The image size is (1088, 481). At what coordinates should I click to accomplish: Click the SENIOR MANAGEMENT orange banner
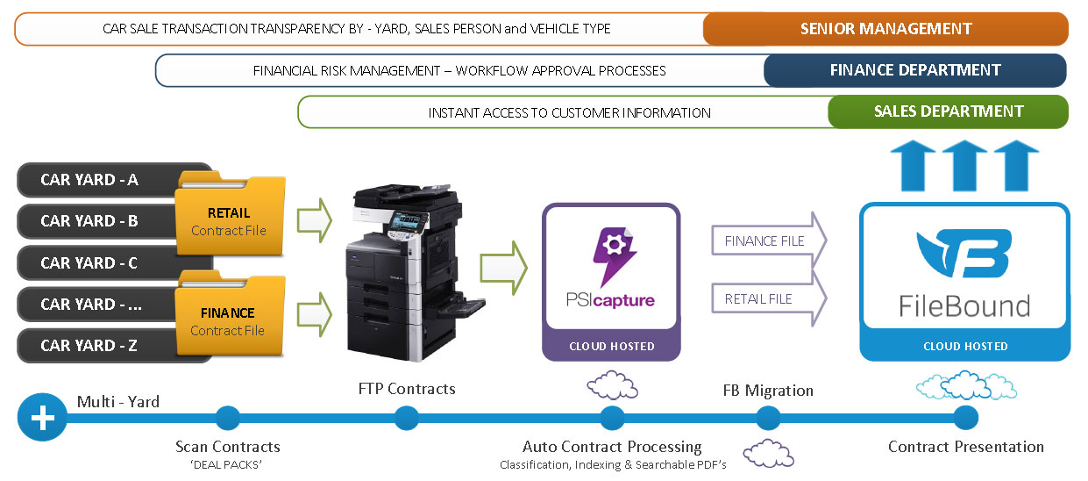tap(885, 29)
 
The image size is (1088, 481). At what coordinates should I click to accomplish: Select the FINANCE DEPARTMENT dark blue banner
tap(914, 70)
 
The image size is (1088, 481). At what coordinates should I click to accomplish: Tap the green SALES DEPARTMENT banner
tap(948, 111)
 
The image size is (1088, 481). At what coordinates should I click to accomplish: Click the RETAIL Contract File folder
tap(229, 219)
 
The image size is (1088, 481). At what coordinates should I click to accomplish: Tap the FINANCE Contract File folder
tap(229, 319)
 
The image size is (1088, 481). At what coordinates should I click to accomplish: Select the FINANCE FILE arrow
tap(768, 240)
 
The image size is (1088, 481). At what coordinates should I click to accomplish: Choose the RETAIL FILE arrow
tap(768, 298)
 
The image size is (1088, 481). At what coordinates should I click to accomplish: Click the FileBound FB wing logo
tap(964, 255)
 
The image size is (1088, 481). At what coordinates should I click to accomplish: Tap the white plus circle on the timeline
tap(42, 418)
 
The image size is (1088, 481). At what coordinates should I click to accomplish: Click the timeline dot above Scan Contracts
tap(227, 418)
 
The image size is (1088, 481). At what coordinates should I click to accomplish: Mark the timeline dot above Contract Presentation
tap(965, 418)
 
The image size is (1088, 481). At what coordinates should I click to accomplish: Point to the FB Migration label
tap(767, 391)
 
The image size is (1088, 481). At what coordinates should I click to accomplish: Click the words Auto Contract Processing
tap(612, 447)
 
